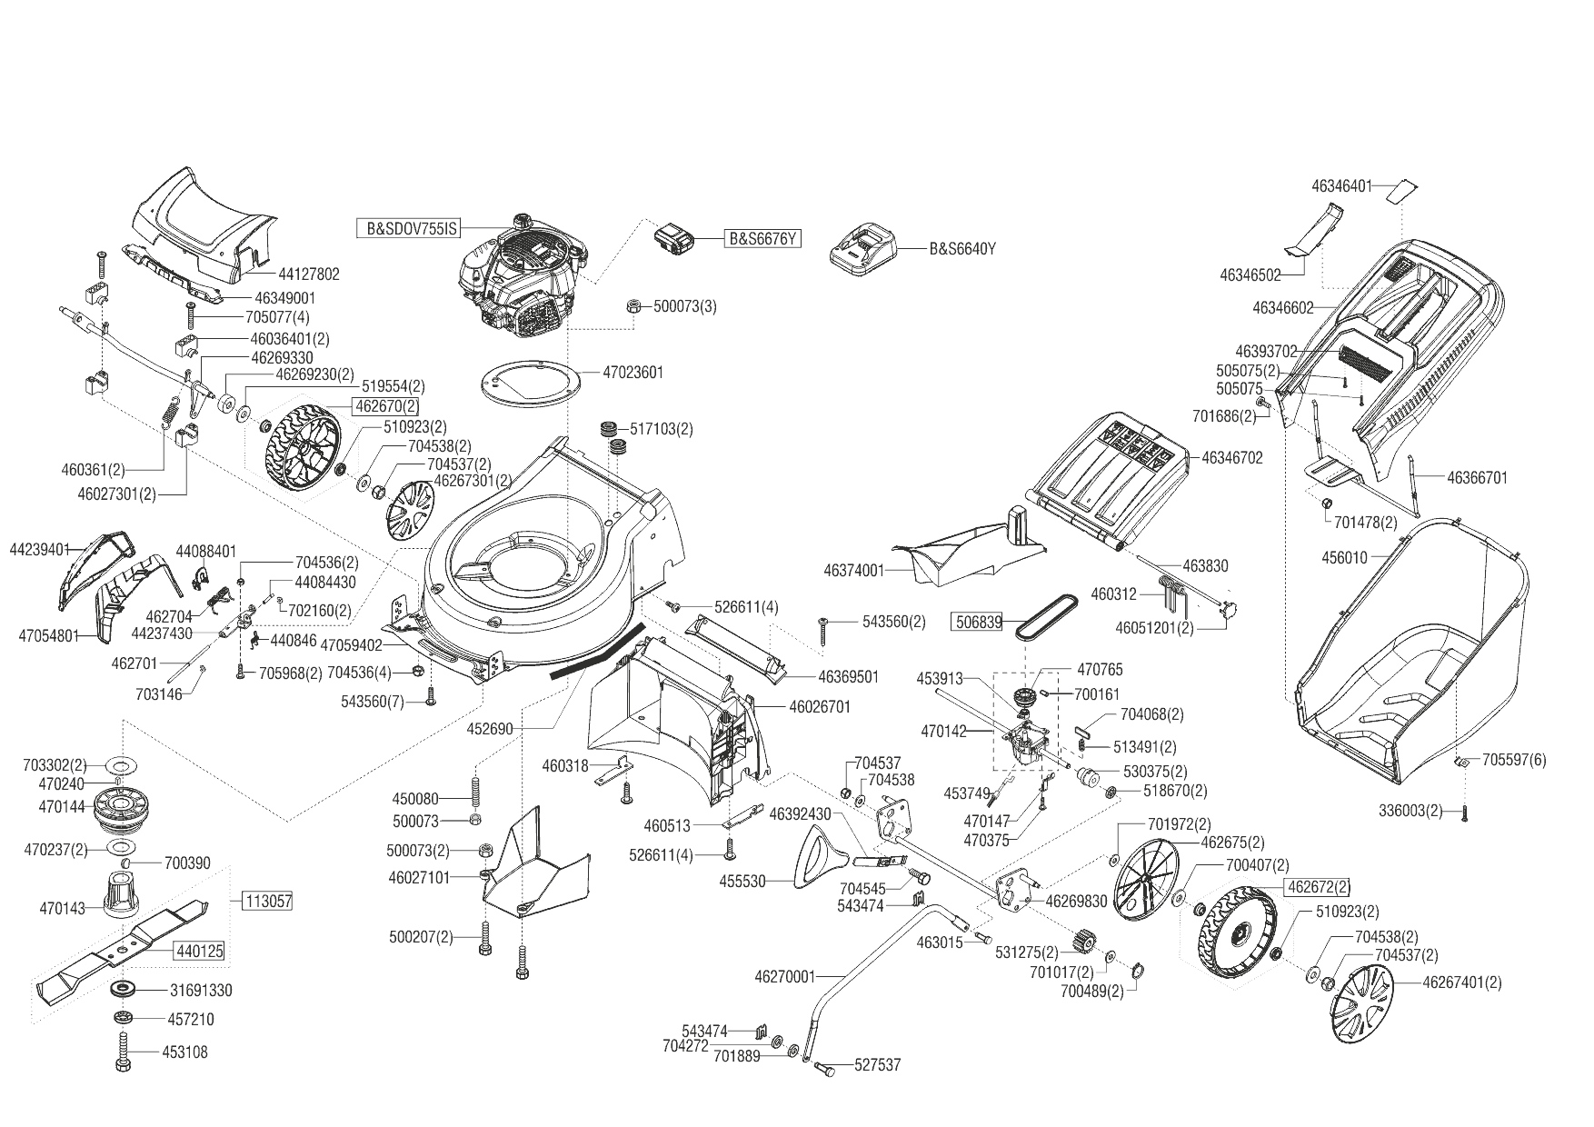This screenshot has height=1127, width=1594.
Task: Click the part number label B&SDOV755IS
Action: click(410, 228)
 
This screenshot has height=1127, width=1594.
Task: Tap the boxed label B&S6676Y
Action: click(762, 239)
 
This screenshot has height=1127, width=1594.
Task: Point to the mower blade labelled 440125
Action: click(123, 945)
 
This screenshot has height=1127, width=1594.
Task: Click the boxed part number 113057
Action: click(267, 902)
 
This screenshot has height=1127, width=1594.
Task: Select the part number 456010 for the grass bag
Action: click(1344, 558)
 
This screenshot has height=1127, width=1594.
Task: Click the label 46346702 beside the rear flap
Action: click(1231, 458)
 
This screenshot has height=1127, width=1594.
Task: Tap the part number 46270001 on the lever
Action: click(784, 977)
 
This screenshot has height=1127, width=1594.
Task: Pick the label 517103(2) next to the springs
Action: click(661, 429)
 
